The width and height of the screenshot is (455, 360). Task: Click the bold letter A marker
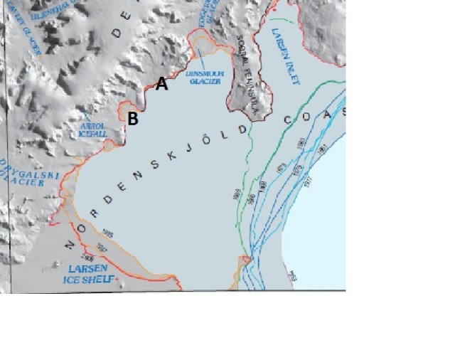pyautogui.click(x=162, y=84)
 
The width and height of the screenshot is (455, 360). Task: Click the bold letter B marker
pyautogui.click(x=133, y=120)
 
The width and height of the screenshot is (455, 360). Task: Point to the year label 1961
pyautogui.click(x=321, y=150)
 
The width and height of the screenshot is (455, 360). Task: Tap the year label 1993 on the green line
pyautogui.click(x=236, y=194)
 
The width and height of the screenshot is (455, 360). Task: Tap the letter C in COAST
pyautogui.click(x=289, y=122)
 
